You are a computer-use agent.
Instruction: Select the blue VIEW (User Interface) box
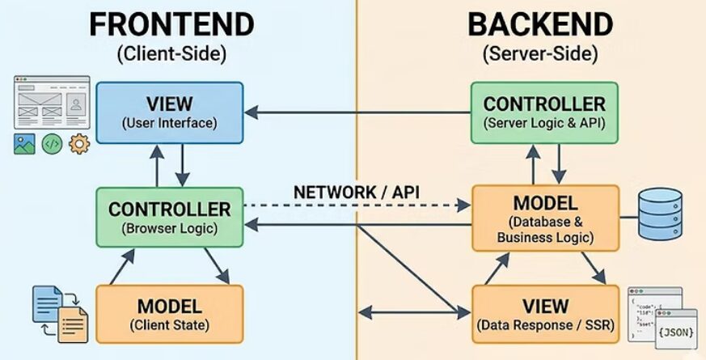[169, 112]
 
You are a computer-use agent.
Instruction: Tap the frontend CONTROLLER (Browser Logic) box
[169, 216]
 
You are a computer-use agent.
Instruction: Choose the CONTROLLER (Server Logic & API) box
[544, 112]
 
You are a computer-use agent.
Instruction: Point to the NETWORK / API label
[350, 192]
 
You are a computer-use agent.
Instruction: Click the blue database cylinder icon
[661, 214]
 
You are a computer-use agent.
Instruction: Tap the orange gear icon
[79, 145]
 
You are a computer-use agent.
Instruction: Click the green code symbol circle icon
[52, 145]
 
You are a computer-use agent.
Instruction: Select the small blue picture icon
[24, 145]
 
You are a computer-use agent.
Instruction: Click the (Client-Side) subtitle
[171, 55]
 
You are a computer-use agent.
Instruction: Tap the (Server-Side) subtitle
[539, 55]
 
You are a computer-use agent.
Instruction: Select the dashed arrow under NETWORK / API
[356, 206]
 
